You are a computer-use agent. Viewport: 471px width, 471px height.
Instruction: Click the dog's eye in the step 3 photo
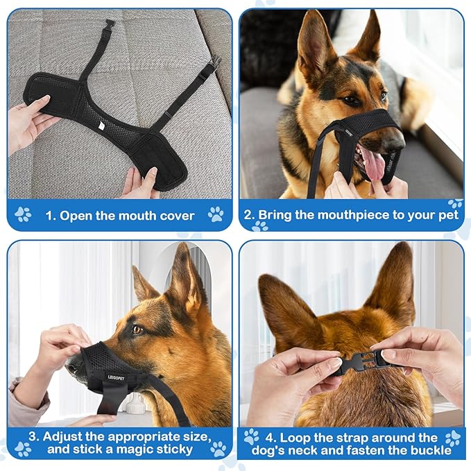point(137,329)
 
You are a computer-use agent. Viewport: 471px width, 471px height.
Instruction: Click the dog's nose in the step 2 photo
point(396,142)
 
